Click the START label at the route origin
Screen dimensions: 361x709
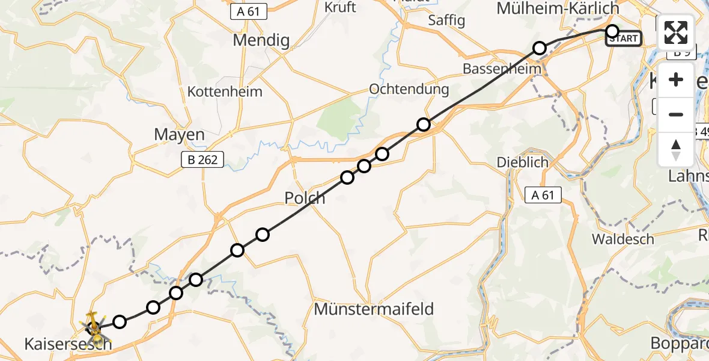tap(624, 39)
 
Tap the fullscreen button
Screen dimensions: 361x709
tap(676, 32)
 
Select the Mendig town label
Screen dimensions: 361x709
tap(261, 41)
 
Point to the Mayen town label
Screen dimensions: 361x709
tap(179, 135)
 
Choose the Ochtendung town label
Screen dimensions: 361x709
tap(409, 90)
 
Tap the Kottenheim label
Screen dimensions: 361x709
tap(225, 92)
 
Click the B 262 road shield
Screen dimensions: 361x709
tap(202, 159)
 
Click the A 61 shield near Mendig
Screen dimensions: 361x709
tap(249, 11)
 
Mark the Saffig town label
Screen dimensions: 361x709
tap(446, 20)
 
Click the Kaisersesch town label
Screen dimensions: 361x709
tap(68, 344)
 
